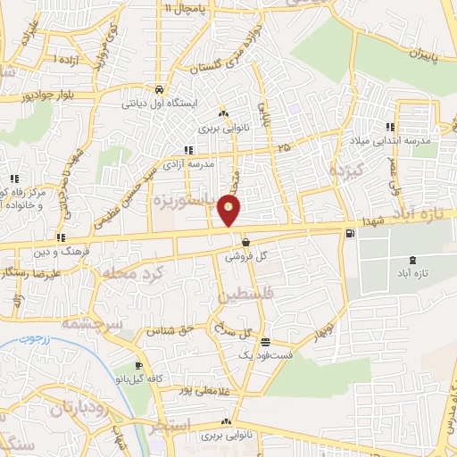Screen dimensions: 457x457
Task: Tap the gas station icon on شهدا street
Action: [348, 234]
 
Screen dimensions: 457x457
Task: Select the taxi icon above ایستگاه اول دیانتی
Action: [159, 89]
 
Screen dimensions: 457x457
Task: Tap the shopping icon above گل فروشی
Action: [245, 242]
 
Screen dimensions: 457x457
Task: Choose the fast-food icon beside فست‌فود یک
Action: [264, 342]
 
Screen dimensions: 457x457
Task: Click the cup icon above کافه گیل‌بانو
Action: [139, 366]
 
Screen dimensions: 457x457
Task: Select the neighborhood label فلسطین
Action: [238, 294]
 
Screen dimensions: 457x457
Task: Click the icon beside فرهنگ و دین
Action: [60, 237]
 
